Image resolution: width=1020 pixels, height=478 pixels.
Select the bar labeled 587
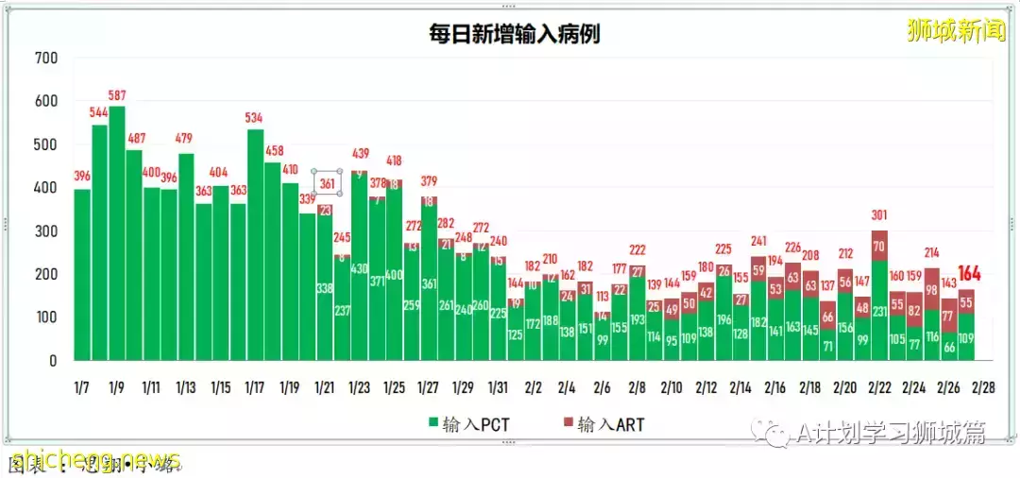(117, 236)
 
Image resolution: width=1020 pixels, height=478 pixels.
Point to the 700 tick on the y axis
(46, 59)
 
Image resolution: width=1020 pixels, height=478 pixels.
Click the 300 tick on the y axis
(46, 231)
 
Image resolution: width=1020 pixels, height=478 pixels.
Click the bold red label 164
(971, 274)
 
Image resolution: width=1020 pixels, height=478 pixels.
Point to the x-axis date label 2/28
(982, 388)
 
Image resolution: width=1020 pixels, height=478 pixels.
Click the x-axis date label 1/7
(83, 388)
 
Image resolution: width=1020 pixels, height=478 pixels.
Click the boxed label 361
(327, 183)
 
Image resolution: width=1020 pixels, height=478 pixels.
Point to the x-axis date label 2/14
(740, 388)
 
